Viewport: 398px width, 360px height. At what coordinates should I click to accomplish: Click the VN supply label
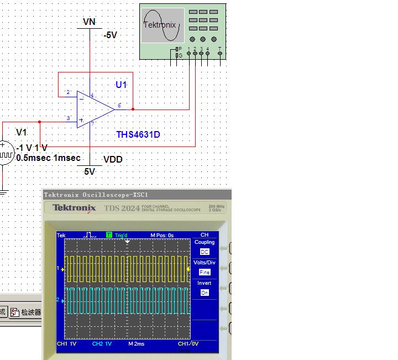click(89, 22)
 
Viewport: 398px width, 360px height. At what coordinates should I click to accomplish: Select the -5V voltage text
click(111, 35)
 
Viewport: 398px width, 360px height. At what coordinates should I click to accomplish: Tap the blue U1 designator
click(121, 85)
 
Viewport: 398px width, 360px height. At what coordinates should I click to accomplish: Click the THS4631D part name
click(138, 134)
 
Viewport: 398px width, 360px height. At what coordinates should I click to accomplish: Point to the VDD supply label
click(113, 160)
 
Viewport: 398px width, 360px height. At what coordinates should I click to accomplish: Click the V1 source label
click(22, 132)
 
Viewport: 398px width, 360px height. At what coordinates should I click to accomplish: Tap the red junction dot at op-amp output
click(133, 109)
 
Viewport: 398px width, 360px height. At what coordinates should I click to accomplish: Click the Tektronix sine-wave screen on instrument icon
click(162, 25)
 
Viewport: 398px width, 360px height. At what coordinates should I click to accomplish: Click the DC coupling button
click(205, 252)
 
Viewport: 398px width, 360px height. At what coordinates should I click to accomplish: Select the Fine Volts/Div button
click(205, 272)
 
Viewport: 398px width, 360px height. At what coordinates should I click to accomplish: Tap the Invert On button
click(205, 293)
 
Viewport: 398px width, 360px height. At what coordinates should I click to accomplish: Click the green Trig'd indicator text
click(121, 235)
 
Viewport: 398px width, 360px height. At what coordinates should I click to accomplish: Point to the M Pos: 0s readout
click(162, 235)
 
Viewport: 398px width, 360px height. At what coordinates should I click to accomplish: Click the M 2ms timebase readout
click(136, 343)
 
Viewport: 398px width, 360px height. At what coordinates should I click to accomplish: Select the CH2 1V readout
click(102, 343)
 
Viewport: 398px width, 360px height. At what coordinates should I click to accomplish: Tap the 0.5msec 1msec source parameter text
click(49, 158)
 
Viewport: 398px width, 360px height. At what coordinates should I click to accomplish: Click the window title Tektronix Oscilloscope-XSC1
click(96, 195)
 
